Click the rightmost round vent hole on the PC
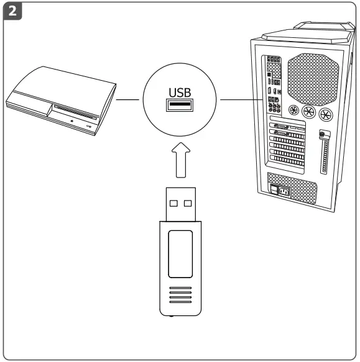[324, 114]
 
